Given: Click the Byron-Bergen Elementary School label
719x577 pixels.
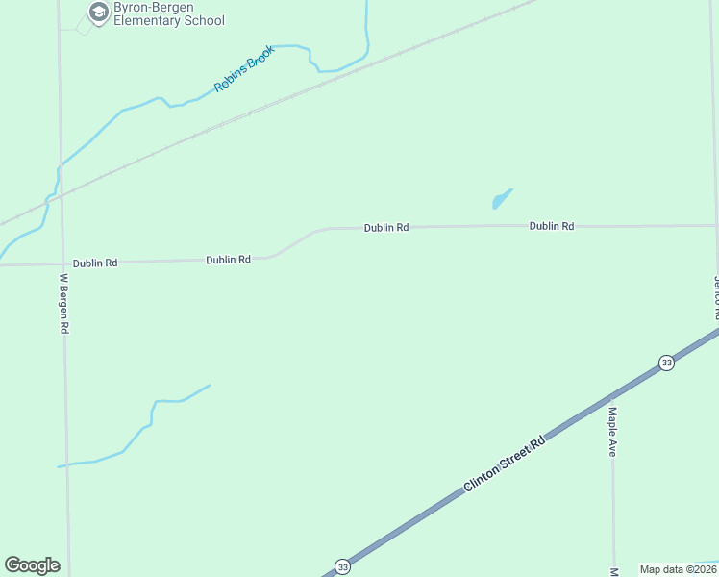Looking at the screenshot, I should (x=168, y=13).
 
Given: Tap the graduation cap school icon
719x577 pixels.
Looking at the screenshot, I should (x=98, y=13).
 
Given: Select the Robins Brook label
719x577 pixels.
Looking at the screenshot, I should (x=244, y=68).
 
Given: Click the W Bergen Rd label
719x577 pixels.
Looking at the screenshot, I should (x=64, y=303).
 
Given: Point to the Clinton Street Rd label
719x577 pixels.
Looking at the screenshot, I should (x=504, y=464).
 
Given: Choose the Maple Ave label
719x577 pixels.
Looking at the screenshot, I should (x=611, y=431).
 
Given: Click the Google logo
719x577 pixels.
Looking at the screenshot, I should (x=33, y=564).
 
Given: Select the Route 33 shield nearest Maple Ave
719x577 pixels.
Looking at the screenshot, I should (x=666, y=363).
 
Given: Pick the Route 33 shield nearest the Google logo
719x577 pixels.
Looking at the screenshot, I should (x=342, y=567).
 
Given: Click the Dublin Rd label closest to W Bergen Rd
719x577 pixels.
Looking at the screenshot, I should (x=95, y=263).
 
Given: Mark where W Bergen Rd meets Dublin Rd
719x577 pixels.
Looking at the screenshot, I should (x=63, y=263).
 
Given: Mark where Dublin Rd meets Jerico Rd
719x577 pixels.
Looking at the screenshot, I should (x=715, y=226).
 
